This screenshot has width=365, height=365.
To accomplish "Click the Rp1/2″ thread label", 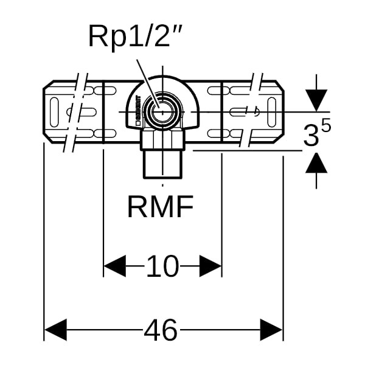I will pos(136,37).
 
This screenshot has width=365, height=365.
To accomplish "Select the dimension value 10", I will pos(162,266).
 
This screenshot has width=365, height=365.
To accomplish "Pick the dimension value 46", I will pos(161,330).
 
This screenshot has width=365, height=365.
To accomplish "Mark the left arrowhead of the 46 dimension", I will pos(55,330).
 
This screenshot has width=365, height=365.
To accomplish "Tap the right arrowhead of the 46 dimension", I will pos(271,330).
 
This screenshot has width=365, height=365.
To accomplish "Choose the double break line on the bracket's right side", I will pos(250,113).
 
